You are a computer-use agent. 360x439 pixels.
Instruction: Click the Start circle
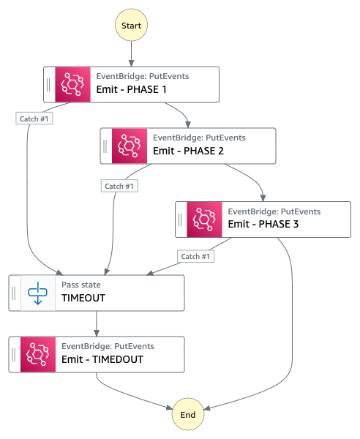pyautogui.click(x=131, y=25)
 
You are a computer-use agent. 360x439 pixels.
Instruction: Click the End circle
pyautogui.click(x=188, y=414)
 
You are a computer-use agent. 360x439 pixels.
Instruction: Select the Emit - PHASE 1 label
pyautogui.click(x=131, y=89)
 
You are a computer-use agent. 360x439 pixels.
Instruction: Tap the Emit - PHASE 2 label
pyautogui.click(x=188, y=151)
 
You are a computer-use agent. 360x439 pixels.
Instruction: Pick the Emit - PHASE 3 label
pyautogui.click(x=263, y=224)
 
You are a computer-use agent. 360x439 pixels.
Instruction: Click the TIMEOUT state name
pyautogui.click(x=83, y=298)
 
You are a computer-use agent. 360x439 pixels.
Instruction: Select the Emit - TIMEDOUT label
pyautogui.click(x=102, y=359)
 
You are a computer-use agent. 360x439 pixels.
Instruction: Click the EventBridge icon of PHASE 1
pyautogui.click(x=72, y=84)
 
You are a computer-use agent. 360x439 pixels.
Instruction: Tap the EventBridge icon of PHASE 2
pyautogui.click(x=130, y=146)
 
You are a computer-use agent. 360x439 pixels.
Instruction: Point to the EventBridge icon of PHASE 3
pyautogui.click(x=204, y=219)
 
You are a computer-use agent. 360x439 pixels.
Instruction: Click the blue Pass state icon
pyautogui.click(x=38, y=293)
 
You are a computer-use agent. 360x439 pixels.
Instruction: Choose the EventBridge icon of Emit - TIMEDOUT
pyautogui.click(x=38, y=354)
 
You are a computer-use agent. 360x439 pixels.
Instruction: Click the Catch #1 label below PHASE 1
pyautogui.click(x=34, y=119)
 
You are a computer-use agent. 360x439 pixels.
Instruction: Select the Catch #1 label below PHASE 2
pyautogui.click(x=119, y=186)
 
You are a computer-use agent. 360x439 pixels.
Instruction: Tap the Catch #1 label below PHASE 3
pyautogui.click(x=195, y=256)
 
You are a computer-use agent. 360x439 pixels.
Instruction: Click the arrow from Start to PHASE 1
pyautogui.click(x=131, y=53)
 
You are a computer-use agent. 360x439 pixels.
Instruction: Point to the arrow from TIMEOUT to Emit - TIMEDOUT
pyautogui.click(x=97, y=323)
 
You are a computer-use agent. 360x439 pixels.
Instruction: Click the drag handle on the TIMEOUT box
pyautogui.click(x=14, y=293)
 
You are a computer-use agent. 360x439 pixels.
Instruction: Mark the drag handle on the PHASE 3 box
pyautogui.click(x=180, y=219)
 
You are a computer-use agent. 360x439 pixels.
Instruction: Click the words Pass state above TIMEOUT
pyautogui.click(x=81, y=285)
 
